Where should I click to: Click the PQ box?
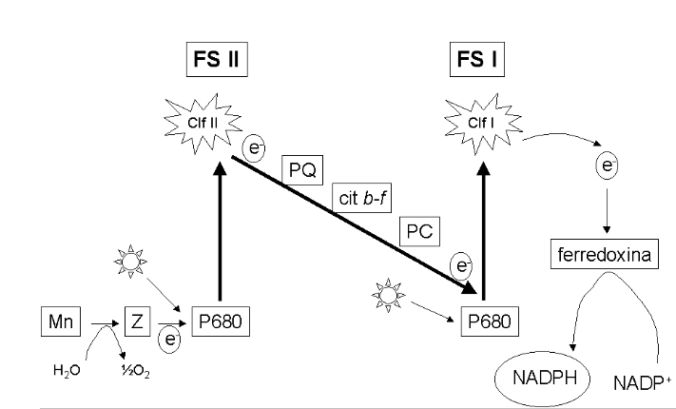tap(299, 173)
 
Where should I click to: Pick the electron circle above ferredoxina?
tap(606, 166)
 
